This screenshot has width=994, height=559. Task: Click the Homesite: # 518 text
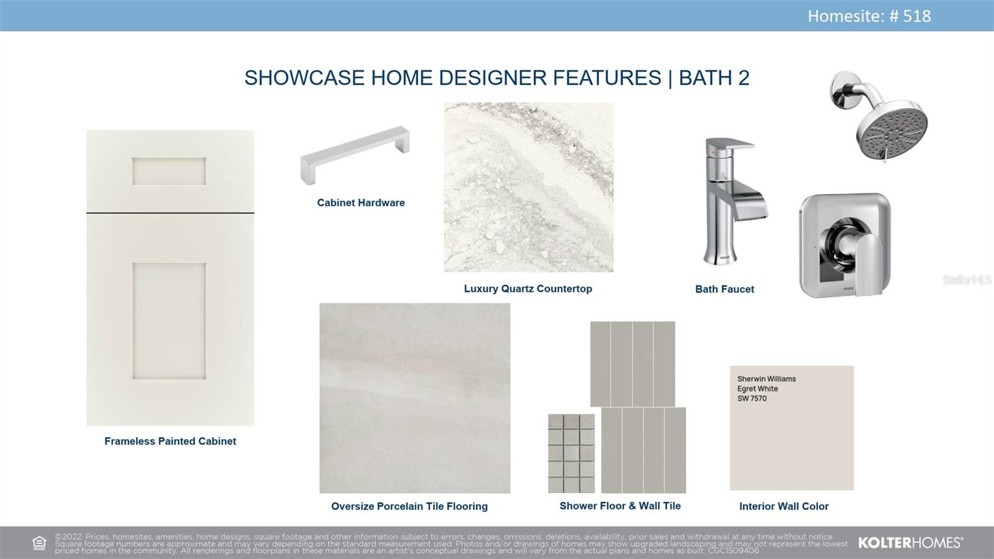pyautogui.click(x=869, y=16)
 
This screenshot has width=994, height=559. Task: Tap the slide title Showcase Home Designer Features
pyautogui.click(x=453, y=78)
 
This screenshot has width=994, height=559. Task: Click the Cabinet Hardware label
pyautogui.click(x=361, y=203)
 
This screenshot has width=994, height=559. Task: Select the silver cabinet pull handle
pyautogui.click(x=355, y=155)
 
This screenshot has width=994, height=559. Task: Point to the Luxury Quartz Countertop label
pyautogui.click(x=528, y=289)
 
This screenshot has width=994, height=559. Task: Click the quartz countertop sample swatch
pyautogui.click(x=529, y=187)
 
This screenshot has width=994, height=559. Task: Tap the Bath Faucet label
pyautogui.click(x=724, y=289)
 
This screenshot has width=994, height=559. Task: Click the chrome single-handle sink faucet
pyautogui.click(x=735, y=201)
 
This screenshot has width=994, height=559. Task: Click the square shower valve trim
pyautogui.click(x=845, y=245)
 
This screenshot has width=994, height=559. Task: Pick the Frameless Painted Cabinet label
pyautogui.click(x=170, y=441)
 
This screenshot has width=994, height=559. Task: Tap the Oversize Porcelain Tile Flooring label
pyautogui.click(x=409, y=506)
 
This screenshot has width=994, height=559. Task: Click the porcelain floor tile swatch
pyautogui.click(x=415, y=399)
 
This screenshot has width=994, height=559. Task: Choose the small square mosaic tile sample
pyautogui.click(x=572, y=453)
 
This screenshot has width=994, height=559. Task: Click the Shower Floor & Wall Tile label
pyautogui.click(x=620, y=506)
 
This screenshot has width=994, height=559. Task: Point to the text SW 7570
pyautogui.click(x=752, y=399)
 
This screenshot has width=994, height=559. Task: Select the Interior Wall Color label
pyautogui.click(x=783, y=506)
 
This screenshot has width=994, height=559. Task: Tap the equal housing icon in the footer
pyautogui.click(x=39, y=543)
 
